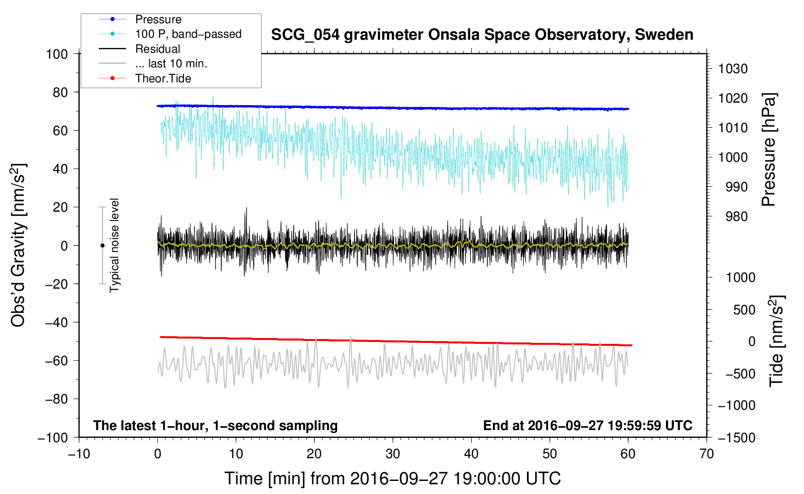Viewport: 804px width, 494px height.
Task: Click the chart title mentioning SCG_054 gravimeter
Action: (482, 35)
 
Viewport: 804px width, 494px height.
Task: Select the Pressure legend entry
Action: (158, 19)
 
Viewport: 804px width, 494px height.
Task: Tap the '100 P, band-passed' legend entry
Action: (188, 34)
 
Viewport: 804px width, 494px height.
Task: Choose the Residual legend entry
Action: (157, 49)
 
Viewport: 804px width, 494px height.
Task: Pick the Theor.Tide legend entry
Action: (163, 78)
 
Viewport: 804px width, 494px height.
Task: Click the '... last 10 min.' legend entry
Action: (171, 63)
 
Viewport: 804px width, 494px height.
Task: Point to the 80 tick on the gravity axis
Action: (60, 93)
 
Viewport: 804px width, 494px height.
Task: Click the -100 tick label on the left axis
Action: (53, 438)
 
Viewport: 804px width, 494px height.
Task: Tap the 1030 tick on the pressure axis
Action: (733, 69)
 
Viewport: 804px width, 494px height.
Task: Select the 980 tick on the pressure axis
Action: (736, 216)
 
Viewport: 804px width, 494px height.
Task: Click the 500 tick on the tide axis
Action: (744, 309)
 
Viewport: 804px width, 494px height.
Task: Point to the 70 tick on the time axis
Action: (706, 454)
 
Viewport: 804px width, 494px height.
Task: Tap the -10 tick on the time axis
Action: (79, 454)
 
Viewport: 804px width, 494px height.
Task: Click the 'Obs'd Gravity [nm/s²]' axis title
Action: (18, 245)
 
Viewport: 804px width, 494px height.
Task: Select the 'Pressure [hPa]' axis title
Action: (769, 150)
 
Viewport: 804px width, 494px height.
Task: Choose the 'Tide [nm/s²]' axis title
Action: (777, 341)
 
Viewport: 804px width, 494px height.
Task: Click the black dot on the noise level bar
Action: (102, 246)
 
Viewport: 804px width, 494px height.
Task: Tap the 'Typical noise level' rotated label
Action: (114, 246)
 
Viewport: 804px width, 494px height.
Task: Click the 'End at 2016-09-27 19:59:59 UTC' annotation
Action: (588, 425)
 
